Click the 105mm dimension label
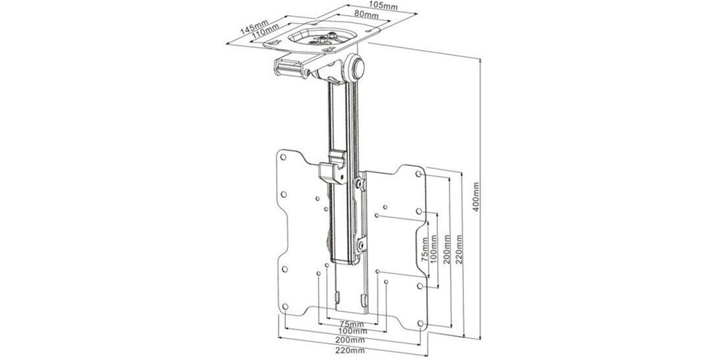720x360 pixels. [x=383, y=5]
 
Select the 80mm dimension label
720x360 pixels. [x=366, y=14]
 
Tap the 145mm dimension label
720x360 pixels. [x=254, y=26]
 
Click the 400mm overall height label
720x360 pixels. [x=476, y=197]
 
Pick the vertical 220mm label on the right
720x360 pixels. [x=460, y=249]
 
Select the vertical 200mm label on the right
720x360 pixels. [x=447, y=249]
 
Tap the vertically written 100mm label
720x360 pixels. [x=434, y=249]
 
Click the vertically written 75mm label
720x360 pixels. [x=425, y=250]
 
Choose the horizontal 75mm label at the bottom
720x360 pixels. [x=352, y=324]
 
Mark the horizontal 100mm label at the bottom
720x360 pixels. [x=353, y=331]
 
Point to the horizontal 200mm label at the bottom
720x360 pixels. [x=350, y=340]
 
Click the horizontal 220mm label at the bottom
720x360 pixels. [x=350, y=350]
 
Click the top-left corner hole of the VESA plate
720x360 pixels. [x=283, y=157]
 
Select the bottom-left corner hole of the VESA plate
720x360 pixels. [x=285, y=307]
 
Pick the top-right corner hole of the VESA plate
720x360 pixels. [x=419, y=174]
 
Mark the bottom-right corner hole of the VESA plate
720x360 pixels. [x=421, y=323]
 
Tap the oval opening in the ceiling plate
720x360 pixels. [x=321, y=39]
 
